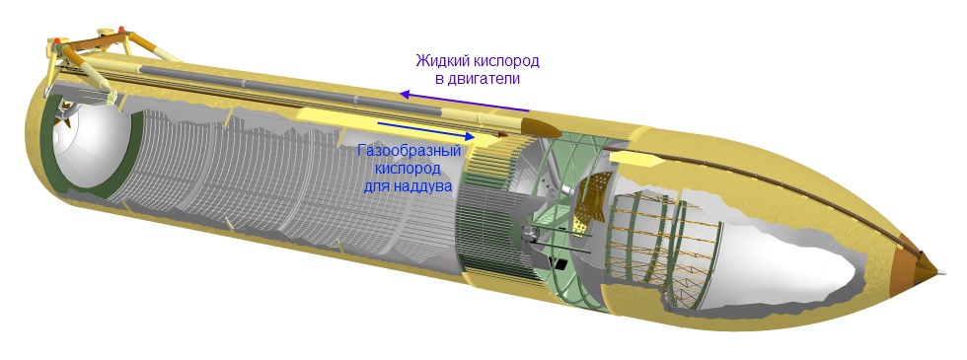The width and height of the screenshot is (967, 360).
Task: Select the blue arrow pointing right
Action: [x=424, y=130]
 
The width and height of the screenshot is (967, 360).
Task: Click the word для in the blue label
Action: [x=379, y=184]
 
